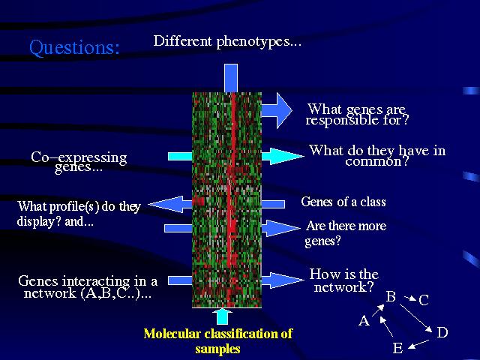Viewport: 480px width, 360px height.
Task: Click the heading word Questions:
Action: tap(74, 48)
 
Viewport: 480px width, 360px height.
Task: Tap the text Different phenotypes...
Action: tap(227, 41)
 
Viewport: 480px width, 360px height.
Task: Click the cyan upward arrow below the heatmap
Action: tap(222, 316)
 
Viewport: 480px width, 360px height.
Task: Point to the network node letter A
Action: tap(364, 321)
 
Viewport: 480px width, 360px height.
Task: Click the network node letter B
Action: tap(391, 297)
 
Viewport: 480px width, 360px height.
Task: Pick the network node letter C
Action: tap(424, 301)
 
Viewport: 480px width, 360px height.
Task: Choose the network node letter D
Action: tap(442, 332)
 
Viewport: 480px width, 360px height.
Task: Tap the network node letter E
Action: tap(397, 349)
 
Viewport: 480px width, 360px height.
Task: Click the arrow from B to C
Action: tap(408, 300)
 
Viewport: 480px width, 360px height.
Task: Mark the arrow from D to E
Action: tap(421, 343)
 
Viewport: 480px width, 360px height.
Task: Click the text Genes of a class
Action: tap(343, 202)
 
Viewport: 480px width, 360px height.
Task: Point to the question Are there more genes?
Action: tap(346, 233)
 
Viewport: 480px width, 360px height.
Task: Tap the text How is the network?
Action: tap(344, 280)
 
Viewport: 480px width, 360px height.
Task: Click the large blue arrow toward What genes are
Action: tap(276, 110)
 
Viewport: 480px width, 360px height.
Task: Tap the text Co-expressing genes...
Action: tap(79, 162)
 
